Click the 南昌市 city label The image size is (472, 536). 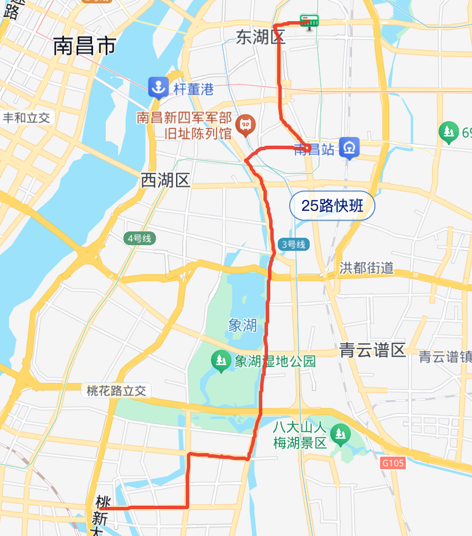point(85,46)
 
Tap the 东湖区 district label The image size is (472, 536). point(261,38)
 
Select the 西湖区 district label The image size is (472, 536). point(165,181)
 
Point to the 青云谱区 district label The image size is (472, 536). point(372,350)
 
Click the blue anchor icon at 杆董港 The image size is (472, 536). point(157,87)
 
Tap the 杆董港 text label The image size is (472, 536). point(194,89)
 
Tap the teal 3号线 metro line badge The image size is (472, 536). point(294,245)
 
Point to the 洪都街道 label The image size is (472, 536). point(366,267)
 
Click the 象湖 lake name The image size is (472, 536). point(242,326)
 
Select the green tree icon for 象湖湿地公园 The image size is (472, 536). point(220,361)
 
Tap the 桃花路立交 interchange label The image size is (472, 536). point(117,391)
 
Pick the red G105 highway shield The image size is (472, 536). point(393,462)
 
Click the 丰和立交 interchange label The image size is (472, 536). point(27,118)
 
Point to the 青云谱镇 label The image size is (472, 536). point(445,357)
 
